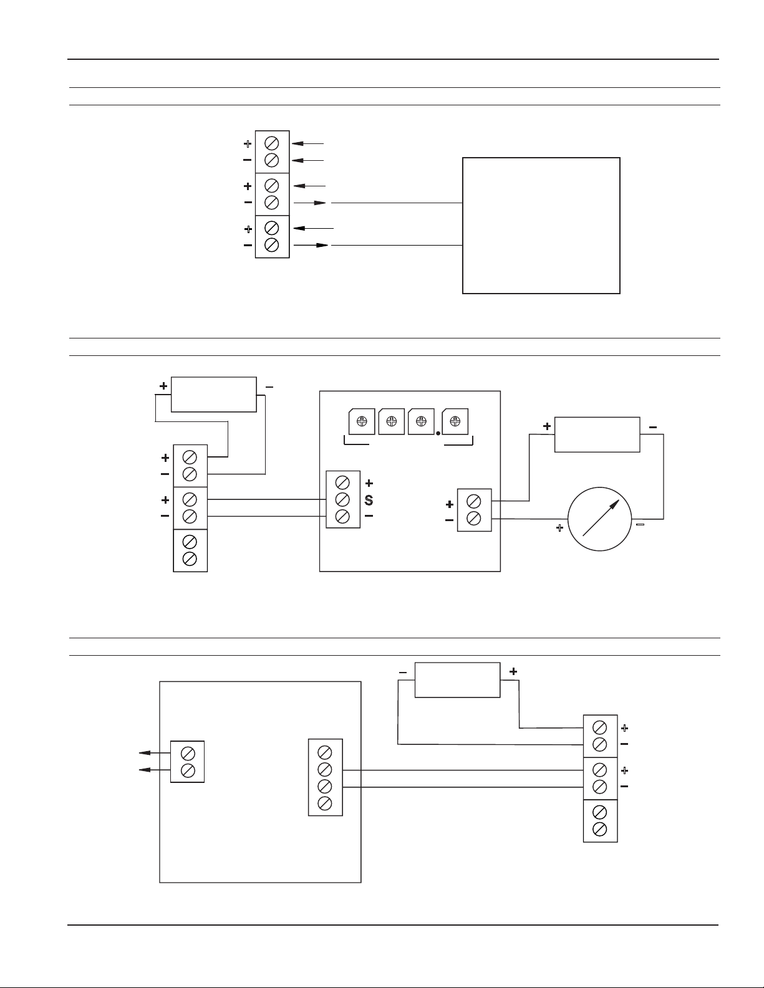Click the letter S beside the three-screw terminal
click(369, 500)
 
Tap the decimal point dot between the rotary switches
click(438, 433)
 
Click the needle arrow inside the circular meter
click(601, 518)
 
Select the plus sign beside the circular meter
click(559, 528)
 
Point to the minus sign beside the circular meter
click(640, 525)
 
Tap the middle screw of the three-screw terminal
click(342, 500)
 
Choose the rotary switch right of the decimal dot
click(455, 421)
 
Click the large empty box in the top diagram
click(541, 226)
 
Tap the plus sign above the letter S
click(369, 483)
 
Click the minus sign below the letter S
click(369, 516)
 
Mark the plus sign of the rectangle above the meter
click(547, 426)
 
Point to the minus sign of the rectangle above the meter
click(652, 428)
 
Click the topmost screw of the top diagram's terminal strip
click(271, 143)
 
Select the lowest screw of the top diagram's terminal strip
click(271, 244)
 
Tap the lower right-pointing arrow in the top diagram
click(311, 246)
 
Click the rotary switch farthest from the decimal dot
click(362, 421)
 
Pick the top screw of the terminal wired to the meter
click(474, 502)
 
